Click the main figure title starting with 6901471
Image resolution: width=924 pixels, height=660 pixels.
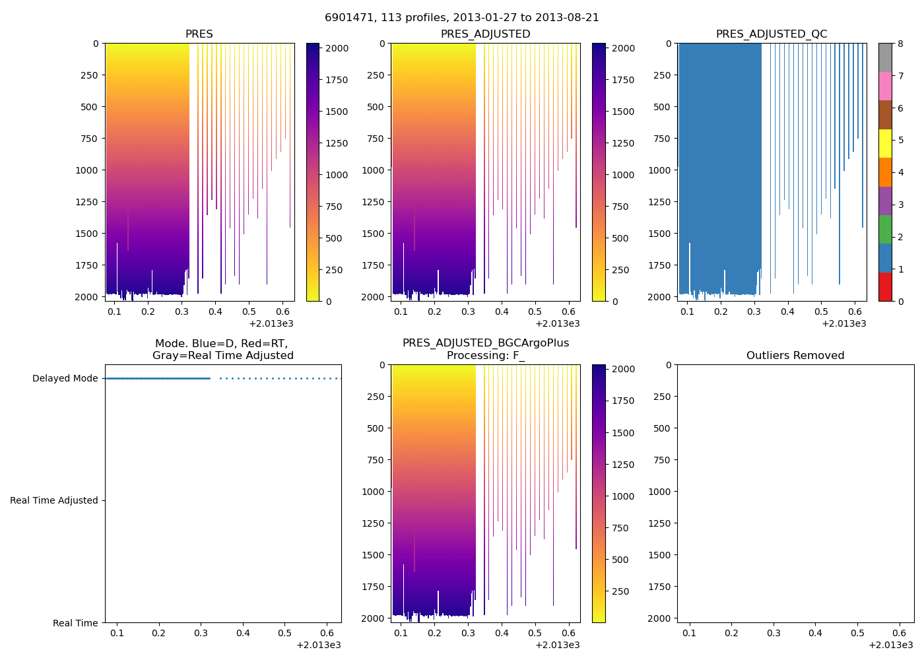pyautogui.click(x=461, y=18)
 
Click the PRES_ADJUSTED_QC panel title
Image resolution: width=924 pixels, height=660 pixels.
pyautogui.click(x=772, y=34)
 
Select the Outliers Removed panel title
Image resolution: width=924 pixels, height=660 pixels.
pyautogui.click(x=795, y=356)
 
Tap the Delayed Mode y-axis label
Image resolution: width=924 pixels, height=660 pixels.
pyautogui.click(x=65, y=379)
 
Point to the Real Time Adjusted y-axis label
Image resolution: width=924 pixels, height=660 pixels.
pyautogui.click(x=53, y=501)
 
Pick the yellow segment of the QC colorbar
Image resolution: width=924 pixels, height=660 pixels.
pyautogui.click(x=885, y=143)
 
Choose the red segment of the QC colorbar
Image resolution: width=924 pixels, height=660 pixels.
pyautogui.click(x=885, y=287)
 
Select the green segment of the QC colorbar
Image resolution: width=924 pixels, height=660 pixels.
pyautogui.click(x=885, y=229)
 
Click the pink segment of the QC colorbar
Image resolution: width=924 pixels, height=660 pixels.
pyautogui.click(x=885, y=86)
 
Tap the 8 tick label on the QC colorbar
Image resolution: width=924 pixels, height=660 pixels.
pyautogui.click(x=900, y=44)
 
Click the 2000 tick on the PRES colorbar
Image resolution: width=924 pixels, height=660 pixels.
pyautogui.click(x=337, y=48)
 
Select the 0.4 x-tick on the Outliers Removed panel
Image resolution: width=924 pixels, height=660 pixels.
pyautogui.click(x=816, y=634)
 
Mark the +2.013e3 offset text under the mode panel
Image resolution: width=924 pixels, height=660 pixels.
pyautogui.click(x=319, y=645)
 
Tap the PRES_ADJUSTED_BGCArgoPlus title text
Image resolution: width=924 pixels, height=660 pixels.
pyautogui.click(x=486, y=343)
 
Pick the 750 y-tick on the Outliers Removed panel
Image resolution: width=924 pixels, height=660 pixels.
pyautogui.click(x=663, y=460)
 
